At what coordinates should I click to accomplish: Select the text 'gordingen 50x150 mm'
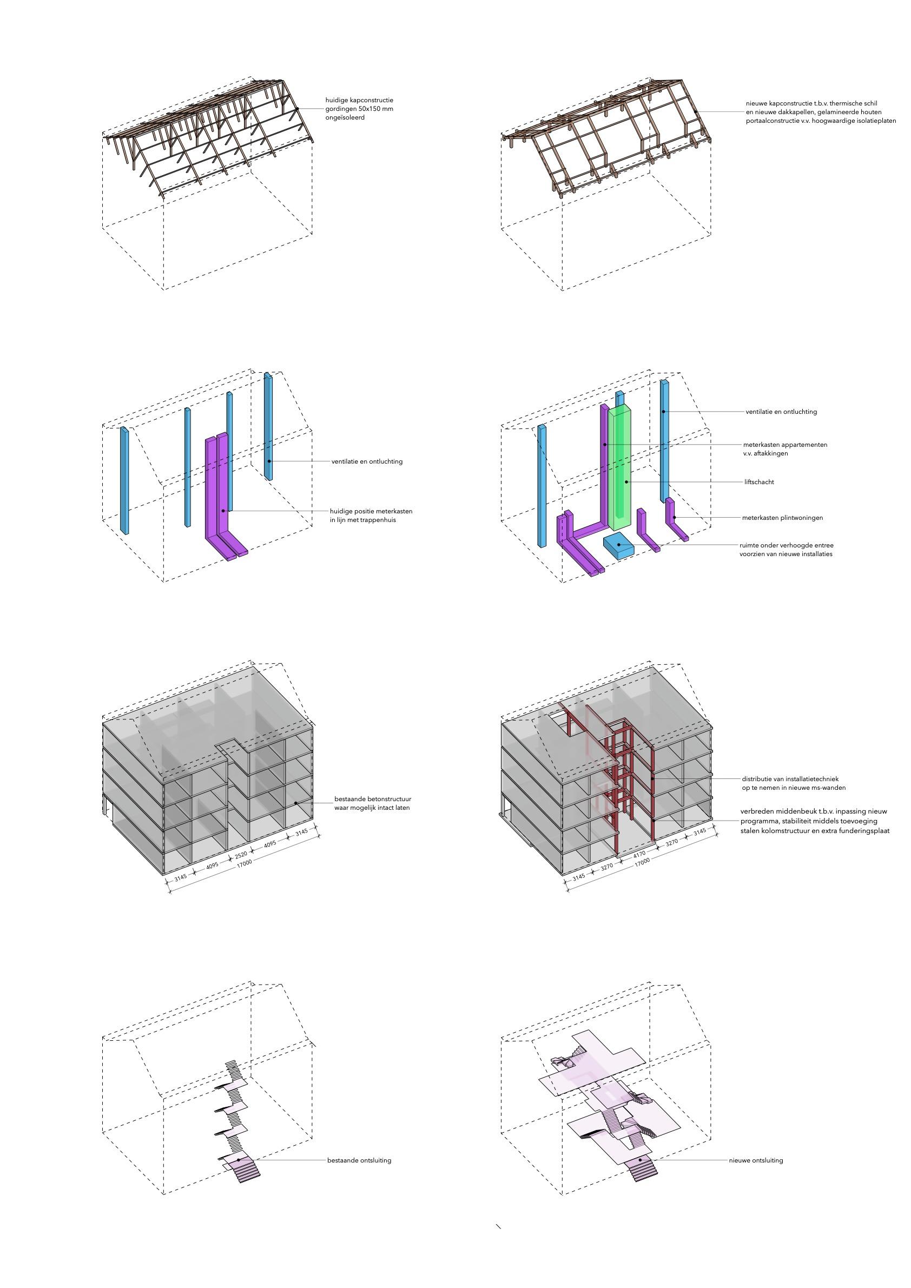(359, 109)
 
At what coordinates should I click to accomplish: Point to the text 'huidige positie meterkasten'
(371, 511)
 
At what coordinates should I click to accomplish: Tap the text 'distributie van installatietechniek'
(790, 779)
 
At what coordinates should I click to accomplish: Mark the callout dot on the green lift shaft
(627, 482)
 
